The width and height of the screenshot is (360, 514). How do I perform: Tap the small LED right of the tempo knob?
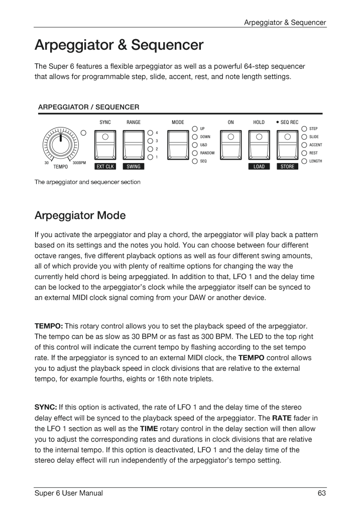[84, 133]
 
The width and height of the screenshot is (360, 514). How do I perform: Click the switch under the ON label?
[230, 145]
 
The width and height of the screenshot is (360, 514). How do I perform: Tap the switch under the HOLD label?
[259, 145]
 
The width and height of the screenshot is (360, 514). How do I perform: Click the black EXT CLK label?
[105, 167]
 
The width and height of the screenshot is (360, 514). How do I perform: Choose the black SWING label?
[134, 167]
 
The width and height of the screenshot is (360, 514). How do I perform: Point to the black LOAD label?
[259, 167]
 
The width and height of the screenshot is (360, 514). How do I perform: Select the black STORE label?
[288, 167]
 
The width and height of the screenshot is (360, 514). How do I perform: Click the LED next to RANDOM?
[195, 153]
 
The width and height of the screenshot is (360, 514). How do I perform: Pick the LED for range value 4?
[151, 133]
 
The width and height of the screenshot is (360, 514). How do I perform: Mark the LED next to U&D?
[195, 145]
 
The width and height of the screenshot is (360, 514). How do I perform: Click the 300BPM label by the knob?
[79, 163]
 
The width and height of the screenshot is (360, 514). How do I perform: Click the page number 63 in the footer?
[322, 493]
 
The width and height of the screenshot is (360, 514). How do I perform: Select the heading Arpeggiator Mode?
[80, 216]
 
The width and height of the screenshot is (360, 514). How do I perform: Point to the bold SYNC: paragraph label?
[46, 407]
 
